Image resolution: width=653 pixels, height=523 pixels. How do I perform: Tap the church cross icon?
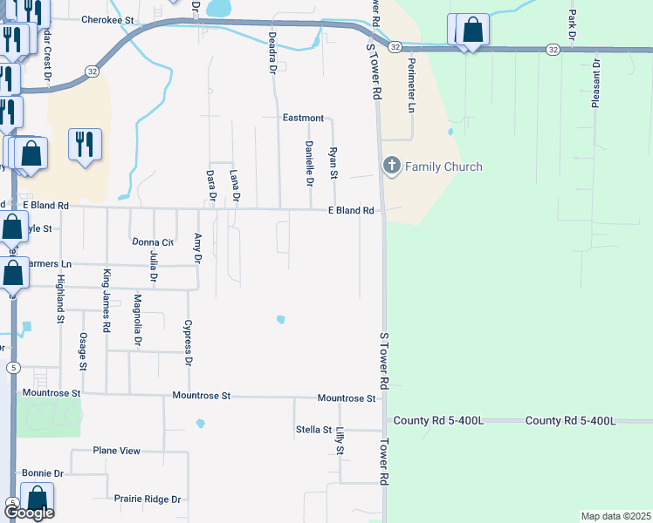[392, 166]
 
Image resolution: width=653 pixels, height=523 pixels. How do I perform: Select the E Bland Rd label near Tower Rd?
[351, 211]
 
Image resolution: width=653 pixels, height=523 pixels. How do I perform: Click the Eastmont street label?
[303, 118]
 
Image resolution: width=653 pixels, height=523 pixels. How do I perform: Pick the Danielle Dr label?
[309, 163]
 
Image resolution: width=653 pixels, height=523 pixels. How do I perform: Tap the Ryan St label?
[333, 163]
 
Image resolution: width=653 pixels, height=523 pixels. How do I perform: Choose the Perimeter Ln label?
[410, 86]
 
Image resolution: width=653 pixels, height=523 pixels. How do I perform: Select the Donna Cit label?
[153, 242]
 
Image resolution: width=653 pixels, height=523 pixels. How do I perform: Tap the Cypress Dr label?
[187, 343]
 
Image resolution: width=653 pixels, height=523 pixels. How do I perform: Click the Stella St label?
[313, 430]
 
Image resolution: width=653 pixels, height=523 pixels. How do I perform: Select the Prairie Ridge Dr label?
[147, 499]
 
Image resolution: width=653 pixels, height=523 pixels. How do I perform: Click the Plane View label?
[117, 451]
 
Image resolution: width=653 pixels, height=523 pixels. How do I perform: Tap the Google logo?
[29, 513]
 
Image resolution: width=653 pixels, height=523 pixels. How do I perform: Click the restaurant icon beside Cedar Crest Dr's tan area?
[85, 143]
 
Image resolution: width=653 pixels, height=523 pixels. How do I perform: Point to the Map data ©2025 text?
[615, 516]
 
